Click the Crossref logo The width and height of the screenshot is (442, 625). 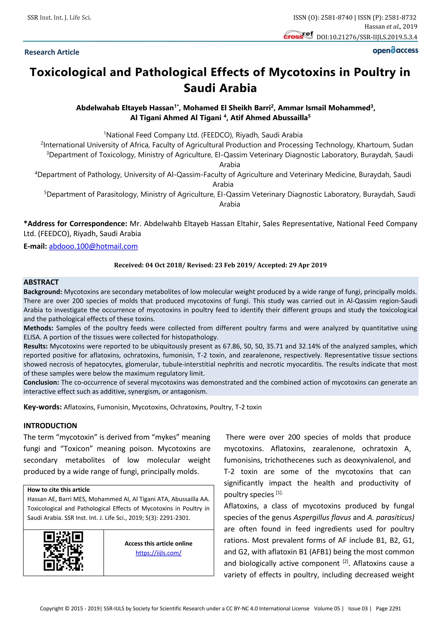pos(298,35)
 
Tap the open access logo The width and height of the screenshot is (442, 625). pos(395,51)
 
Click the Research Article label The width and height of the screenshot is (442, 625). pos(52,52)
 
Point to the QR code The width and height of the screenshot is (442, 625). pos(63,551)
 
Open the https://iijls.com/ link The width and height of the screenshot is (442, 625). pos(158,553)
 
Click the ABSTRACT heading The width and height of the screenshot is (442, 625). pos(41,282)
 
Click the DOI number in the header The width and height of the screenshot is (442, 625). pos(367,37)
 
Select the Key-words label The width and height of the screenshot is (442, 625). pos(43,407)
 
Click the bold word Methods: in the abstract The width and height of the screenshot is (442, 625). pos(38,328)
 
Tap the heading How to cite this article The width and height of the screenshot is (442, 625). pos(58,490)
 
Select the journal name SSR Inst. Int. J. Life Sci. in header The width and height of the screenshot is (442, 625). pos(59,18)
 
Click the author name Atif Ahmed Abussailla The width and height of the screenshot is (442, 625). pos(269,118)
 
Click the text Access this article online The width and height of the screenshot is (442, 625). pos(158,544)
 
